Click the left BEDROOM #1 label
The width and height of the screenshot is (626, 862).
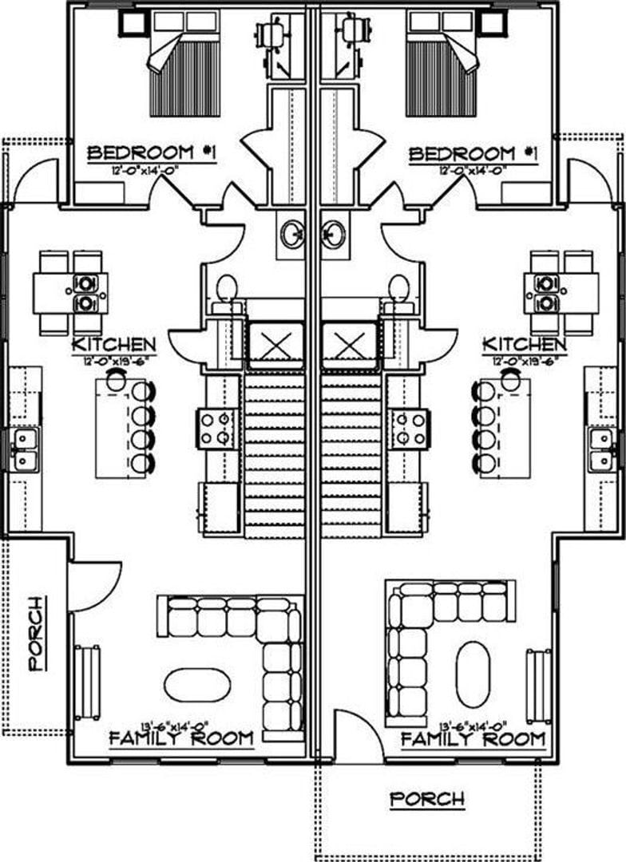pos(152,152)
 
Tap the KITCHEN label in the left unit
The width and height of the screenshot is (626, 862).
pos(113,345)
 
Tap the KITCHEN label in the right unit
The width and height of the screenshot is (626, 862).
pos(525,345)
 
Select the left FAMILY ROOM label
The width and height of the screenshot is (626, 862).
pos(181,738)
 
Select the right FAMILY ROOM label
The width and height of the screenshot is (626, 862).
pos(473,738)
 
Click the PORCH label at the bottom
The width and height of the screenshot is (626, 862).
pos(426,798)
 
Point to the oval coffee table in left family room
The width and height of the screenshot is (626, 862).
pos(197,685)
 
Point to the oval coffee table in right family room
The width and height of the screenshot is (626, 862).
pos(473,674)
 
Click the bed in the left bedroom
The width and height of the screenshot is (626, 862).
pos(184,65)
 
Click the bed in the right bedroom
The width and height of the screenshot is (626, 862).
pos(442,65)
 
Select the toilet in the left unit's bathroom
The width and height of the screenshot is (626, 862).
pos(228,289)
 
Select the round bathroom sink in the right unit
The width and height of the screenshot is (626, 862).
pos(333,235)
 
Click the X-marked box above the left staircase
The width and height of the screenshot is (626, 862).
pos(275,346)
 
